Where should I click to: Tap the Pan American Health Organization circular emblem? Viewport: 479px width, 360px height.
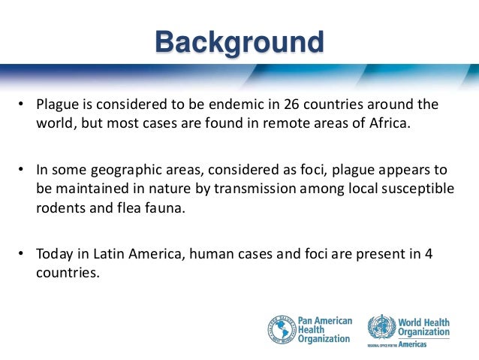click(x=282, y=328)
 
